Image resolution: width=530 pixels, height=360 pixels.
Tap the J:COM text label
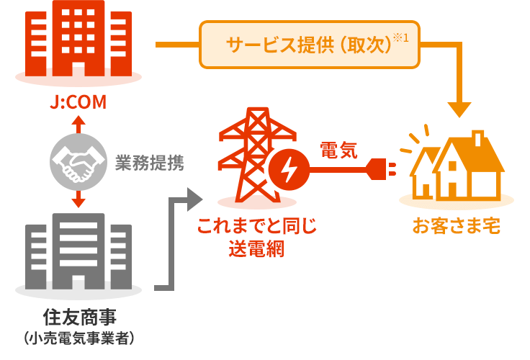[x=78, y=104]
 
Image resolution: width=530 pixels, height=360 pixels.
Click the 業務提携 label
[x=149, y=163]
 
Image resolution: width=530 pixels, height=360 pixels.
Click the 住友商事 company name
[x=78, y=317]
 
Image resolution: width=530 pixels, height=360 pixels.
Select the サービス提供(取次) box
[x=308, y=45]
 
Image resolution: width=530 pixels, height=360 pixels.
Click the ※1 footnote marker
[x=401, y=36]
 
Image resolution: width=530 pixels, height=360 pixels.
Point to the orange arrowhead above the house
[x=460, y=109]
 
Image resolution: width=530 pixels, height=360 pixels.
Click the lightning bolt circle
[x=288, y=170]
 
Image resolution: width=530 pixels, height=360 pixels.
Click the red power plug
[x=382, y=170]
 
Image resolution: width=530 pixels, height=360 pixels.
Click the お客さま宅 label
[x=456, y=228]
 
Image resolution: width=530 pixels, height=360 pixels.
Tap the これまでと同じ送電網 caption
[x=257, y=238]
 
